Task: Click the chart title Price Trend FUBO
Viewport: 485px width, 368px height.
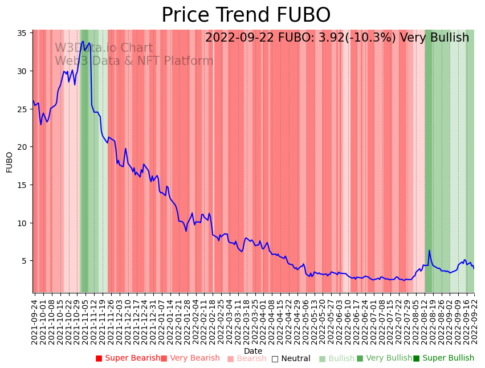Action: (x=246, y=15)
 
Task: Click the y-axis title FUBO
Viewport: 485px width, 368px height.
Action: (x=10, y=162)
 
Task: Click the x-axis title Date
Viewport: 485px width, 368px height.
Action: (x=253, y=351)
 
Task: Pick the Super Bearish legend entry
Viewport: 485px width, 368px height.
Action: (x=128, y=358)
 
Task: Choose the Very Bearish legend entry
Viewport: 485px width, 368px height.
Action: (x=190, y=358)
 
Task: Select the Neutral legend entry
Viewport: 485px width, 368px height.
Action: (x=291, y=358)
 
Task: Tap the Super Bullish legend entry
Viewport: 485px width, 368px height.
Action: (x=443, y=358)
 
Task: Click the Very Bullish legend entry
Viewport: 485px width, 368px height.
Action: (x=384, y=358)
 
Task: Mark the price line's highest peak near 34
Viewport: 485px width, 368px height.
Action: (x=83, y=41)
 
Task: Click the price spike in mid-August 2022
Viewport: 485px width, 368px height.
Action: (x=429, y=251)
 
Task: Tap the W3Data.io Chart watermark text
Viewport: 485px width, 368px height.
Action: (x=104, y=48)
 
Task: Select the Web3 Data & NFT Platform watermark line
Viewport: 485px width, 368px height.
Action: (x=134, y=61)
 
